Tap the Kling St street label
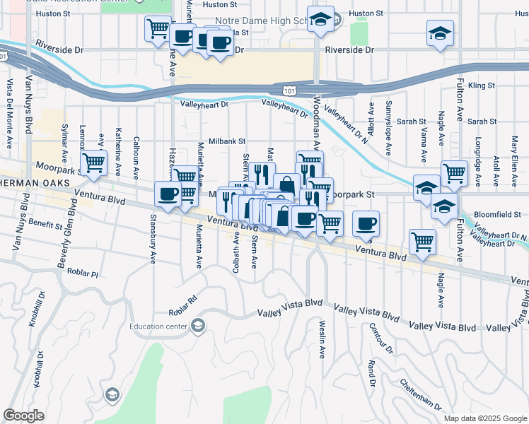481,85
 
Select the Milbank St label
226,141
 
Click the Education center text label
159,326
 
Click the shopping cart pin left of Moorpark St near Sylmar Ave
94,163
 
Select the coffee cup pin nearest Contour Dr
366,224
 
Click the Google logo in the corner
23,416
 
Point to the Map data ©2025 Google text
484,418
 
